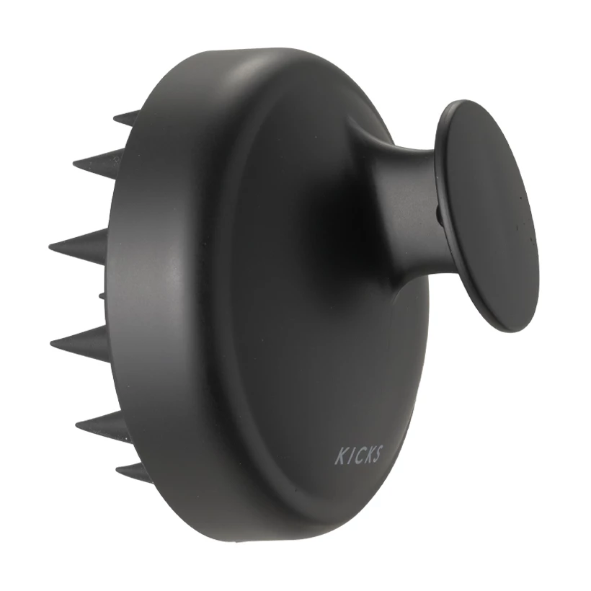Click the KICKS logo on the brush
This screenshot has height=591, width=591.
coord(358,455)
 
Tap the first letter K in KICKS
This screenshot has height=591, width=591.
coord(340,457)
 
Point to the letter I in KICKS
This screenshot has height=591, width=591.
coord(349,456)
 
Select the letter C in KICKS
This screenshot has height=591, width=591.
coord(356,456)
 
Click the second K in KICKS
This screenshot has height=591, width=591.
coord(366,455)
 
